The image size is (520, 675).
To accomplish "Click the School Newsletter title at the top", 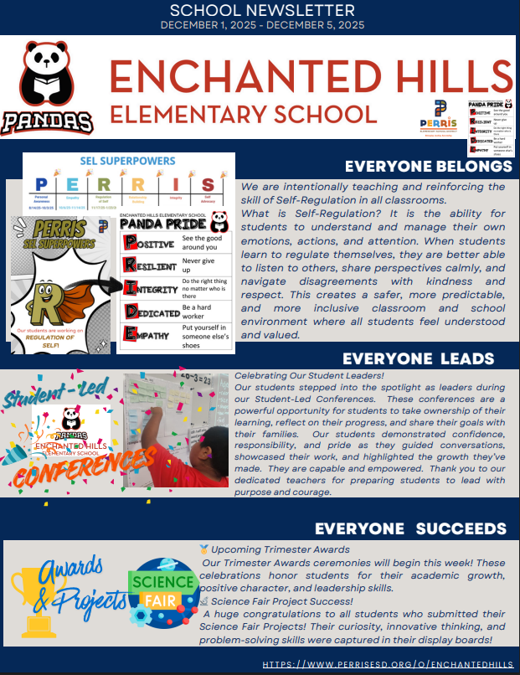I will coord(261,10).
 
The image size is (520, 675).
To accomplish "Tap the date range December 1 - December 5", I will coord(261,25).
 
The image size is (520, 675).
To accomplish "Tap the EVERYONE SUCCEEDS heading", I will coord(410,528).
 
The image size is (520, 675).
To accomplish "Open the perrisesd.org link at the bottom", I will coord(388,664).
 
